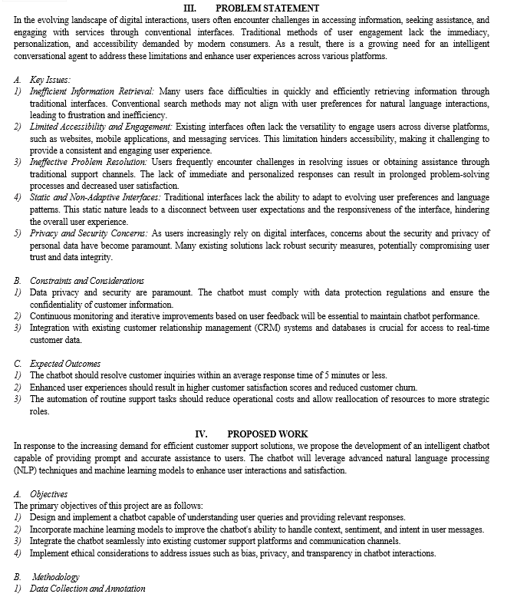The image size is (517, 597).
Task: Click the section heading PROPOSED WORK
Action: tap(268, 434)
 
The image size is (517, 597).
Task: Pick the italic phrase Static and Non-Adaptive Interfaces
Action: tap(96, 197)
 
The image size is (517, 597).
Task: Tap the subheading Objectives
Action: tap(48, 494)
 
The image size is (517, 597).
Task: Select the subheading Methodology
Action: tap(56, 576)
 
